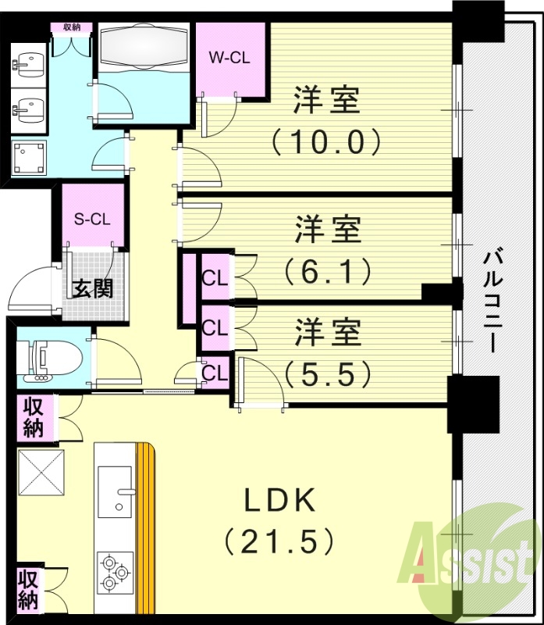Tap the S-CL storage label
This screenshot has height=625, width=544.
[92, 219]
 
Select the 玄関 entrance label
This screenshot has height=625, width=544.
[93, 288]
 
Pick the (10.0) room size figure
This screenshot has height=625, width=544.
[326, 141]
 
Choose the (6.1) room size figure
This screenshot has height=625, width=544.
[326, 271]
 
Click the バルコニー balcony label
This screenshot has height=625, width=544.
[491, 301]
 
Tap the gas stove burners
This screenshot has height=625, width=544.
[113, 571]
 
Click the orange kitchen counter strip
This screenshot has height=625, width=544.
[145, 531]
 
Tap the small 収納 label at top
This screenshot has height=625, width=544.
[73, 27]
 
